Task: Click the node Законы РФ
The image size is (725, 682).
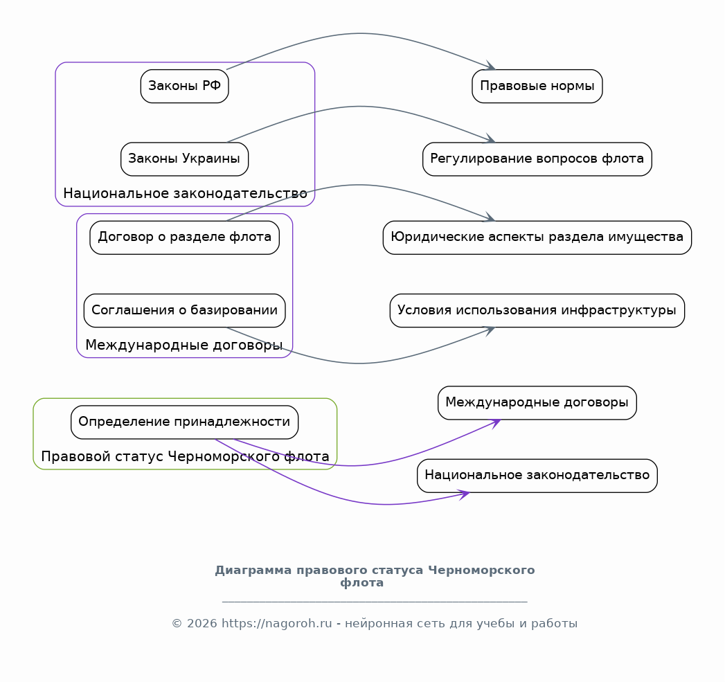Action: (x=184, y=86)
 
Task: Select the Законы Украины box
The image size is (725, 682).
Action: (x=184, y=159)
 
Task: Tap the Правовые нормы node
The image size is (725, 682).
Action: (x=537, y=86)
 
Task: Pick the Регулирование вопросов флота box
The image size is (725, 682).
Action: (x=537, y=159)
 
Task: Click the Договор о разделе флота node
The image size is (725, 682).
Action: (x=184, y=237)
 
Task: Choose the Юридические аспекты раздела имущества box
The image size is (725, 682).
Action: (x=537, y=237)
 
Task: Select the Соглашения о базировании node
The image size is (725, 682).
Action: (x=184, y=310)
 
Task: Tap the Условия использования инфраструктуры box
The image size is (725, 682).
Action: (x=537, y=310)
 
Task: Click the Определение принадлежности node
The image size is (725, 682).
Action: (x=184, y=422)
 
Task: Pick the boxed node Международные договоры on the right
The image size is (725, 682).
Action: (x=537, y=403)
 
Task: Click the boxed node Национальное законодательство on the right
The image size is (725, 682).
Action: (x=537, y=476)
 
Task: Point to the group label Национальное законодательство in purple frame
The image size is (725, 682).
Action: (x=185, y=193)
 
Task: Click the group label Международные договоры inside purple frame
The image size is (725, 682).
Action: (x=184, y=345)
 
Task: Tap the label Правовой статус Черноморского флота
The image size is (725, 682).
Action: (x=185, y=457)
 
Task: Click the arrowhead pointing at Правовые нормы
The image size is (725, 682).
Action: (x=490, y=66)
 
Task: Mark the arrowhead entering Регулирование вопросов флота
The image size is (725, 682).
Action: (x=490, y=138)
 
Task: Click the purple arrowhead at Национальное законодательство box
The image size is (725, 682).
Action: (x=464, y=495)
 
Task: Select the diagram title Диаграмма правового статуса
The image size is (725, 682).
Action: (x=375, y=576)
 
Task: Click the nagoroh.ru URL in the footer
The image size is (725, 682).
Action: (x=276, y=624)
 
